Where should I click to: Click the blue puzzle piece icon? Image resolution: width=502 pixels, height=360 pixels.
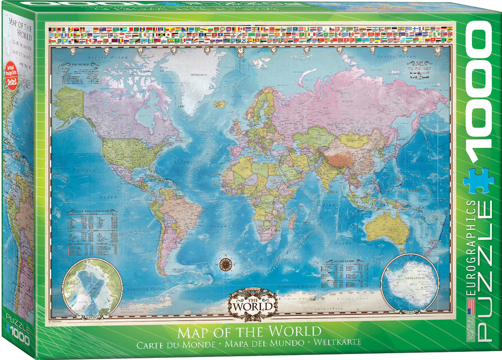point(479,180)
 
